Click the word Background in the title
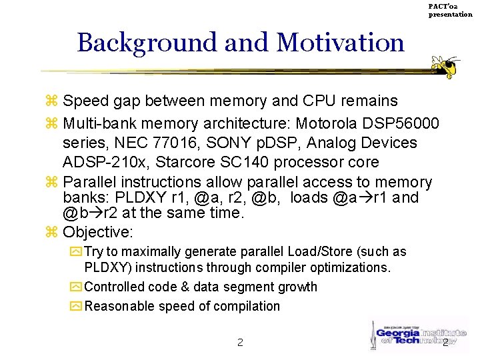pos(147,42)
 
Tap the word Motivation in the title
pos(339,42)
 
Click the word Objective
pos(98,233)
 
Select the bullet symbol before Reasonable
pos(75,307)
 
